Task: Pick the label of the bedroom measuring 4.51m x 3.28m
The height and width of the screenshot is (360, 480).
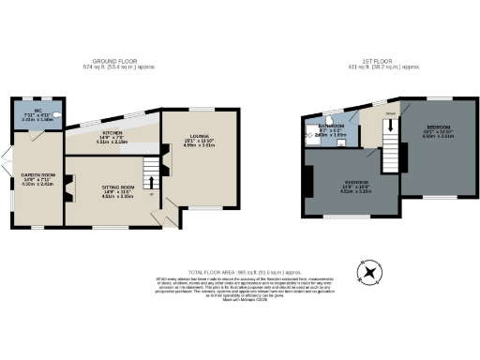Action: click(x=355, y=184)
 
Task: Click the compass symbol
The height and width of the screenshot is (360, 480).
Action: click(x=371, y=273)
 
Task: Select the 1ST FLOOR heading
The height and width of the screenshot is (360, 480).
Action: click(x=373, y=61)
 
